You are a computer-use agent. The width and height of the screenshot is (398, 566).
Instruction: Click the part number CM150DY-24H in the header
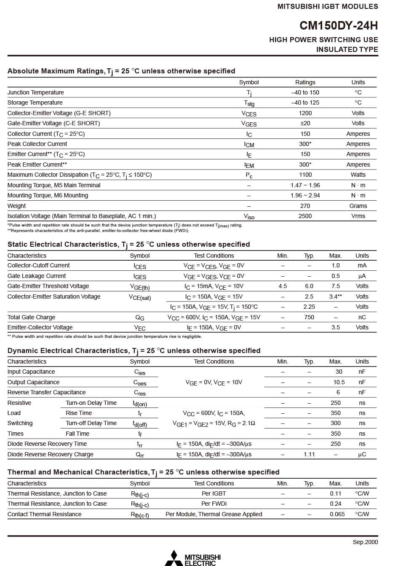(339, 26)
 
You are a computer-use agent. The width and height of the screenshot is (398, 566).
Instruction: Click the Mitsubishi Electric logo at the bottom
(192, 558)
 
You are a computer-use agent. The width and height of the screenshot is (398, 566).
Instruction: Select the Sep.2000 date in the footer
(365, 542)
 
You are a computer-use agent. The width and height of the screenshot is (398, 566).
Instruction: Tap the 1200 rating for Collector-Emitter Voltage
(305, 113)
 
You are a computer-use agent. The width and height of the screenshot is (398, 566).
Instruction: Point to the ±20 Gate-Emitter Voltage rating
(305, 123)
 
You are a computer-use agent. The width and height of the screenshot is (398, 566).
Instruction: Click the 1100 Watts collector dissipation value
(305, 175)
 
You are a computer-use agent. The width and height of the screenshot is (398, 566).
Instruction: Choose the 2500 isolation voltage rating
(305, 216)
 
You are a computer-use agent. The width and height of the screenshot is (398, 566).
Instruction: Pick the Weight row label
(16, 206)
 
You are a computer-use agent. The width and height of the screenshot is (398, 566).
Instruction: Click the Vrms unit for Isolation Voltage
(358, 216)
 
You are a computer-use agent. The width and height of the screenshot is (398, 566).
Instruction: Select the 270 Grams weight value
(305, 206)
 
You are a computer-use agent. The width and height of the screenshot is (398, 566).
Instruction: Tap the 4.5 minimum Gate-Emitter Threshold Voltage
(283, 286)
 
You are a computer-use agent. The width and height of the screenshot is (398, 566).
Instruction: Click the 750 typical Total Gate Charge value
(309, 317)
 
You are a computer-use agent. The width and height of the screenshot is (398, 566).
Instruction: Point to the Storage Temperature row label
(35, 102)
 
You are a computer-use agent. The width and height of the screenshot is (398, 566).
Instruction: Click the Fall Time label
(77, 434)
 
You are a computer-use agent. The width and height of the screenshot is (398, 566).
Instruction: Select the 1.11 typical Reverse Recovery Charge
(309, 454)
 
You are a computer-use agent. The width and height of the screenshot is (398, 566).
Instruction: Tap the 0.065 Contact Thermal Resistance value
(337, 514)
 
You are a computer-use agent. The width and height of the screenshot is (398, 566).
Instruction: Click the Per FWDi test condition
(214, 504)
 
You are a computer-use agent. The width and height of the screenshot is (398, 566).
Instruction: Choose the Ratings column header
(305, 82)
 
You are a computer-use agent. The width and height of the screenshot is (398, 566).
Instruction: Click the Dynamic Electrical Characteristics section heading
(134, 350)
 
